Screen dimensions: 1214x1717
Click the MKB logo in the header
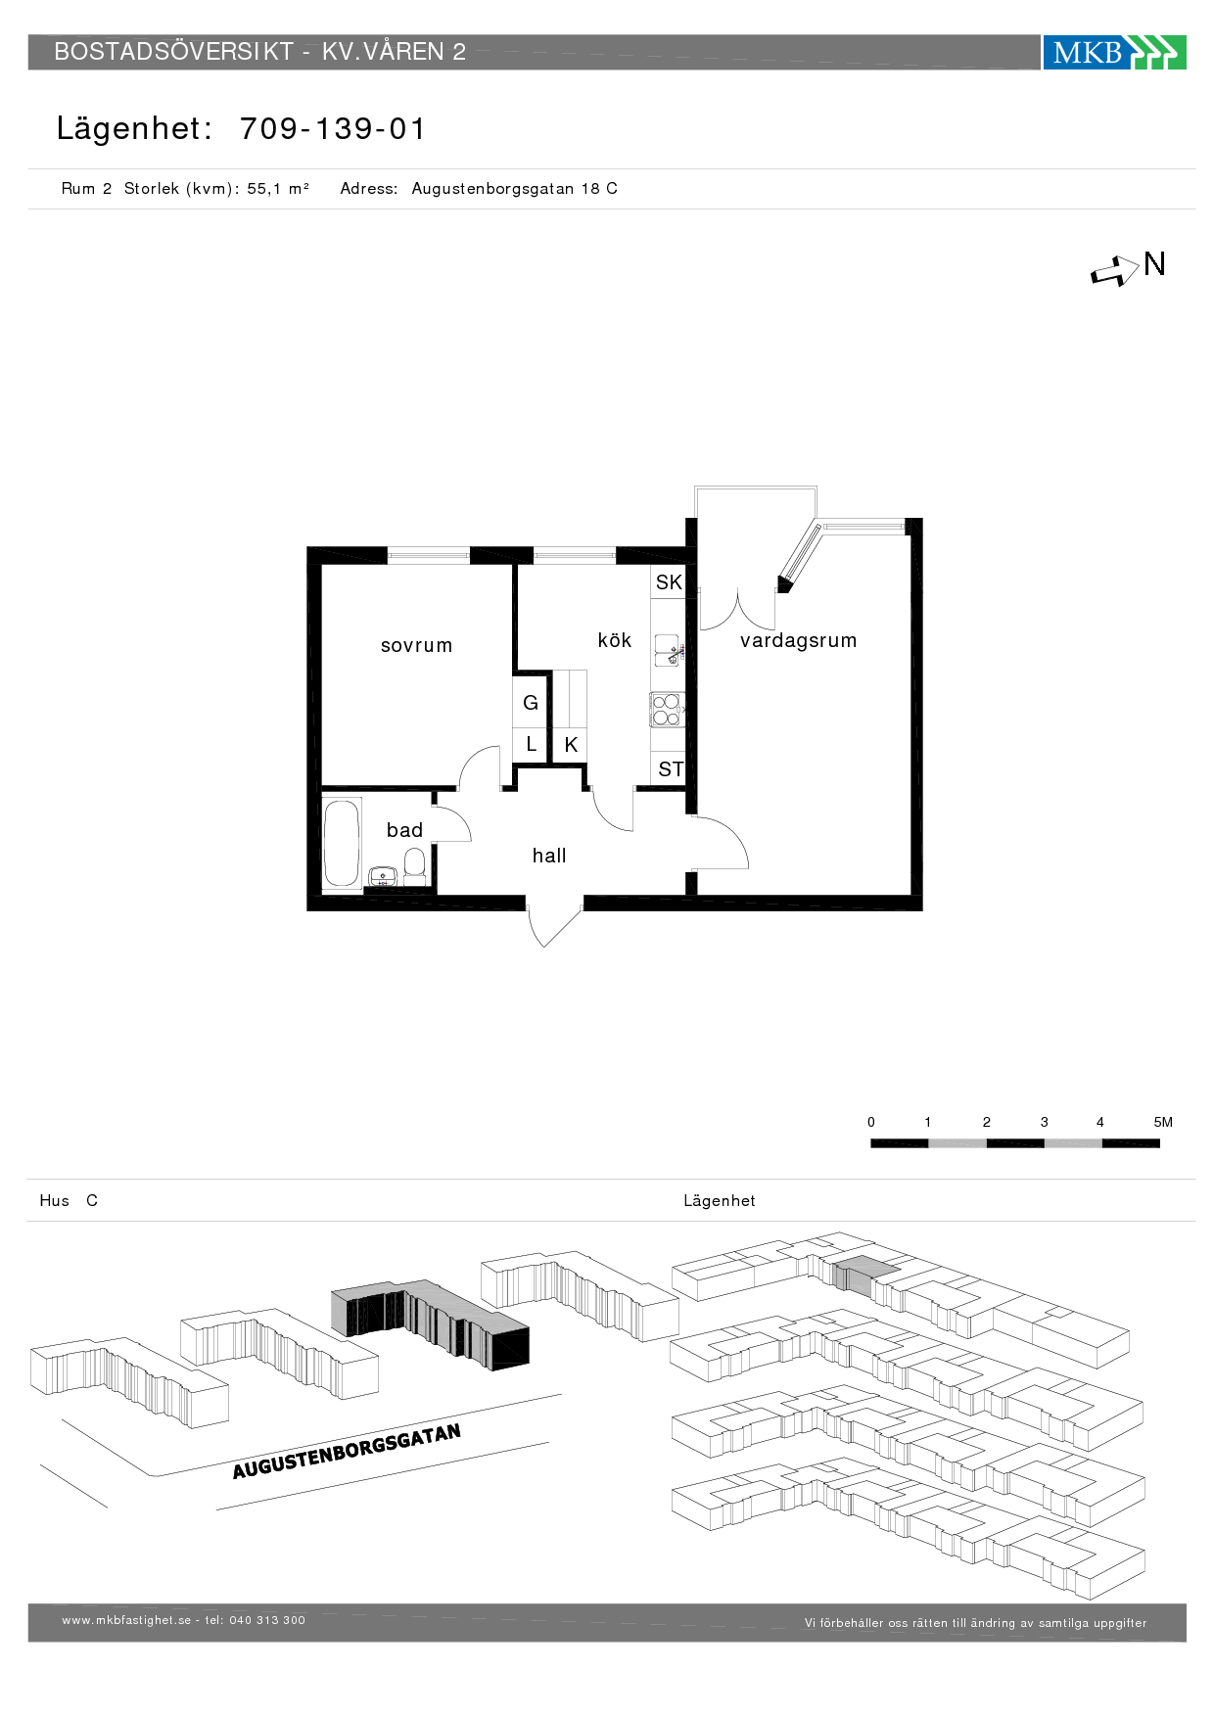click(1114, 52)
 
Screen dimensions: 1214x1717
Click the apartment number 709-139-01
click(333, 129)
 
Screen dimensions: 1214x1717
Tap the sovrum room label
click(417, 645)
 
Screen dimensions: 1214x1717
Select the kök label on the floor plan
click(615, 639)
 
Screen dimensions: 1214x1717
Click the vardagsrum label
click(799, 640)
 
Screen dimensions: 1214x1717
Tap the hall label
click(549, 856)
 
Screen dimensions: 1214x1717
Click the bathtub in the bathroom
click(342, 843)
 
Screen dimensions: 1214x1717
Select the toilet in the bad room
click(415, 866)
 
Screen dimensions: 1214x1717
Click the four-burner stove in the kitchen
click(667, 710)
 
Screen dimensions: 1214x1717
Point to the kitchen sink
click(668, 650)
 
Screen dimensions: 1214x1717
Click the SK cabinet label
click(669, 582)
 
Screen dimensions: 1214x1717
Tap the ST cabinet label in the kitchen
click(671, 769)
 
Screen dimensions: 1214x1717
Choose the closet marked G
click(531, 703)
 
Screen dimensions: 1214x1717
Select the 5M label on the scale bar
click(1163, 1122)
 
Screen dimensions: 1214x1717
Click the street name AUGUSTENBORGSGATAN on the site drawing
click(347, 1452)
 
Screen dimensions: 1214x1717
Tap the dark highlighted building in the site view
click(430, 1323)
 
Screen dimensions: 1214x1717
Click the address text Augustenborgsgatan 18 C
click(515, 189)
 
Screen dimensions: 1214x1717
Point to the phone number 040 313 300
click(267, 1620)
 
